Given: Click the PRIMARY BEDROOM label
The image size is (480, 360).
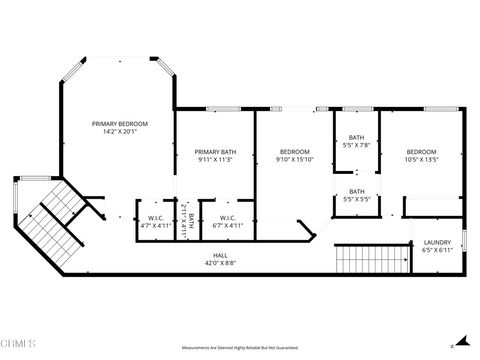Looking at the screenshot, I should click(119, 124).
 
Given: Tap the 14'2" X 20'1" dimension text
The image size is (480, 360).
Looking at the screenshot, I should click(119, 132).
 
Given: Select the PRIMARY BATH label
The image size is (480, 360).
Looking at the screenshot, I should click(214, 150).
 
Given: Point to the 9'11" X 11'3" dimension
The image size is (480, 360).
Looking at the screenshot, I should click(214, 158).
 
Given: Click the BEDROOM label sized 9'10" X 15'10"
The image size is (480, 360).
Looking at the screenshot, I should click(295, 150).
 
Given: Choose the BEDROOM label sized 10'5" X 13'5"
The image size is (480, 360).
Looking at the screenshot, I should click(421, 150).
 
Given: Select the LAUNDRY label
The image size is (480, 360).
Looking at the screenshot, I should click(437, 242).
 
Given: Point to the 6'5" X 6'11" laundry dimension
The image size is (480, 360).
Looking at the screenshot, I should click(437, 250).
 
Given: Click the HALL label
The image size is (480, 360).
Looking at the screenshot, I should click(220, 256).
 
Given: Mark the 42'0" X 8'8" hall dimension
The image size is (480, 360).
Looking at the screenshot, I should click(220, 264).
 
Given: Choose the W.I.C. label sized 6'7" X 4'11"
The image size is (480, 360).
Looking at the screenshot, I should click(227, 217).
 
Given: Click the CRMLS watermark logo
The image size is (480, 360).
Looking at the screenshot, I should click(22, 345).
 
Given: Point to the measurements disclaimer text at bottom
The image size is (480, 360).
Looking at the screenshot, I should click(240, 347).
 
